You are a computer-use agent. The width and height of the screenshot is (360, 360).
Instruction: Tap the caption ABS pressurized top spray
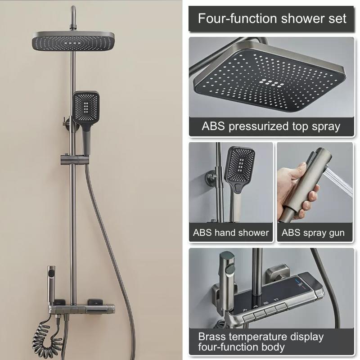point(271,126)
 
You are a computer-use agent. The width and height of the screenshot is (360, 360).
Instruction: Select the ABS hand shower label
point(231,233)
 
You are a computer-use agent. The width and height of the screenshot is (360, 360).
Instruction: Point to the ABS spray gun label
point(313,233)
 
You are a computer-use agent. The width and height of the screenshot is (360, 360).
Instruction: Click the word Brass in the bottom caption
point(215,337)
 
